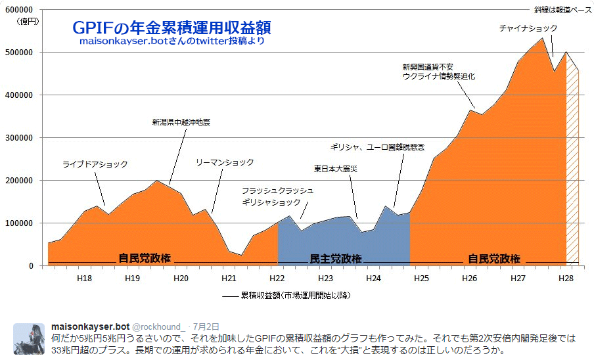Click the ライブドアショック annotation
click(95, 164)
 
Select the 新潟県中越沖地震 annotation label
click(181, 122)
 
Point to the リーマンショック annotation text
click(224, 162)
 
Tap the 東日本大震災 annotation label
click(335, 169)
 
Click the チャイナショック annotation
click(528, 28)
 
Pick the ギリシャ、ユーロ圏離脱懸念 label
click(377, 146)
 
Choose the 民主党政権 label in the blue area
click(335, 258)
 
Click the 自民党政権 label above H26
click(493, 258)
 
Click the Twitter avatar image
click(29, 338)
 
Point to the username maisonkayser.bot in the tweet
click(91, 326)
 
